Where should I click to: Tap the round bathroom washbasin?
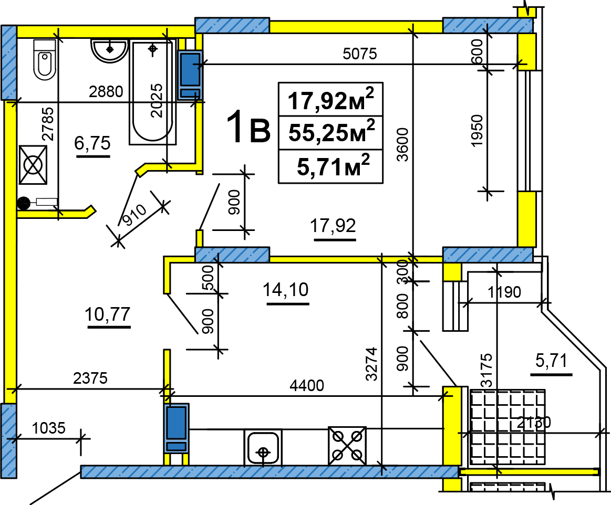[x=109, y=49]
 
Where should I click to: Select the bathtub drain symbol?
[x=153, y=49]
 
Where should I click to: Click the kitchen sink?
[x=263, y=447]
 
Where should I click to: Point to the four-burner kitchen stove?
[x=347, y=446]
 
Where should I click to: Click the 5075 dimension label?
[x=360, y=54]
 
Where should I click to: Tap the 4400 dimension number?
[x=307, y=385]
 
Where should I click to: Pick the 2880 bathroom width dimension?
[x=106, y=91]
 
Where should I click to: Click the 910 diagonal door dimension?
[x=133, y=215]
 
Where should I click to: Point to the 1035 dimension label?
[x=49, y=428]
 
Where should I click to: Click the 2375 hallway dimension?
[x=90, y=378]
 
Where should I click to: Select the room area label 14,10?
[x=286, y=290]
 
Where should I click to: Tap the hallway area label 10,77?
[x=108, y=314]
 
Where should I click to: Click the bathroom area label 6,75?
[x=93, y=143]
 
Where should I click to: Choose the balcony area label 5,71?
[x=552, y=361]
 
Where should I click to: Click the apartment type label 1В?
[x=248, y=127]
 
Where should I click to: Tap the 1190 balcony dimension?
[x=504, y=292]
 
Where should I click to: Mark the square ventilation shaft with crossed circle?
[x=33, y=165]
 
